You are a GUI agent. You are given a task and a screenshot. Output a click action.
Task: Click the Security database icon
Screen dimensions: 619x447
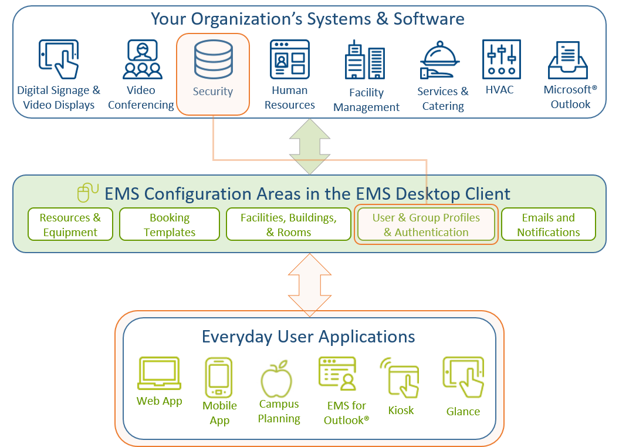pyautogui.click(x=213, y=59)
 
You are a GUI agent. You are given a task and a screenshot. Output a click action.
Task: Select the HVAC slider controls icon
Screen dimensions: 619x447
pyautogui.click(x=501, y=59)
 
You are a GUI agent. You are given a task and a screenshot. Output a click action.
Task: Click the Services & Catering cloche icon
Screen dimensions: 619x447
pyautogui.click(x=439, y=60)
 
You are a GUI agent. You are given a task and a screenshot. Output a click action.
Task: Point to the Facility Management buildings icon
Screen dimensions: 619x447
pyautogui.click(x=365, y=59)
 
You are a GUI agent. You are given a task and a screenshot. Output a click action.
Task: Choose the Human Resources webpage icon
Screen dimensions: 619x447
pyautogui.click(x=290, y=59)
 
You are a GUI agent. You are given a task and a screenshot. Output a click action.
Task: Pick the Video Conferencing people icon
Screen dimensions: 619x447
pyautogui.click(x=142, y=59)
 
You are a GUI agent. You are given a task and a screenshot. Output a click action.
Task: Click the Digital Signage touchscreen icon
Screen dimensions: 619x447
pyautogui.click(x=59, y=59)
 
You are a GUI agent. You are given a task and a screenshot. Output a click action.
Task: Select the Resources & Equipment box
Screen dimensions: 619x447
pyautogui.click(x=70, y=224)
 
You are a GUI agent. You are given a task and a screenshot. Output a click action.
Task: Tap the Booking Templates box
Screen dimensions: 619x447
pyautogui.click(x=170, y=224)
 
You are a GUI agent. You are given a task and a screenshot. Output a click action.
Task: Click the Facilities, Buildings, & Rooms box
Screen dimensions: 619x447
pyautogui.click(x=289, y=224)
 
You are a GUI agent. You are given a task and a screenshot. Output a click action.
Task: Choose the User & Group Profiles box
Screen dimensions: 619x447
pyautogui.click(x=426, y=224)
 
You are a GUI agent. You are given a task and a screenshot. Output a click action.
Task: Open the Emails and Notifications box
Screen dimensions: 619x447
pyautogui.click(x=549, y=224)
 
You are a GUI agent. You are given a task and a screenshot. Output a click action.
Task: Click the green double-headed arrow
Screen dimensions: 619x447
pyautogui.click(x=310, y=147)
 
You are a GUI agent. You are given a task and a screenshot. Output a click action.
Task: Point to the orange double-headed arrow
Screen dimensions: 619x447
pyautogui.click(x=310, y=285)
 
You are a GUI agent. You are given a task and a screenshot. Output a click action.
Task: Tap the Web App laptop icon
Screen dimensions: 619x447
pyautogui.click(x=160, y=374)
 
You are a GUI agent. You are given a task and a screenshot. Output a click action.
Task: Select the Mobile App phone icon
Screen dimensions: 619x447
pyautogui.click(x=219, y=378)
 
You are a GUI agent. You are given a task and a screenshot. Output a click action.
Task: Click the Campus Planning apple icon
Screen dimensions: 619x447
pyautogui.click(x=276, y=379)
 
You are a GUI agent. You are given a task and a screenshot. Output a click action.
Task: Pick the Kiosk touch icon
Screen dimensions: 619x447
pyautogui.click(x=400, y=378)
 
